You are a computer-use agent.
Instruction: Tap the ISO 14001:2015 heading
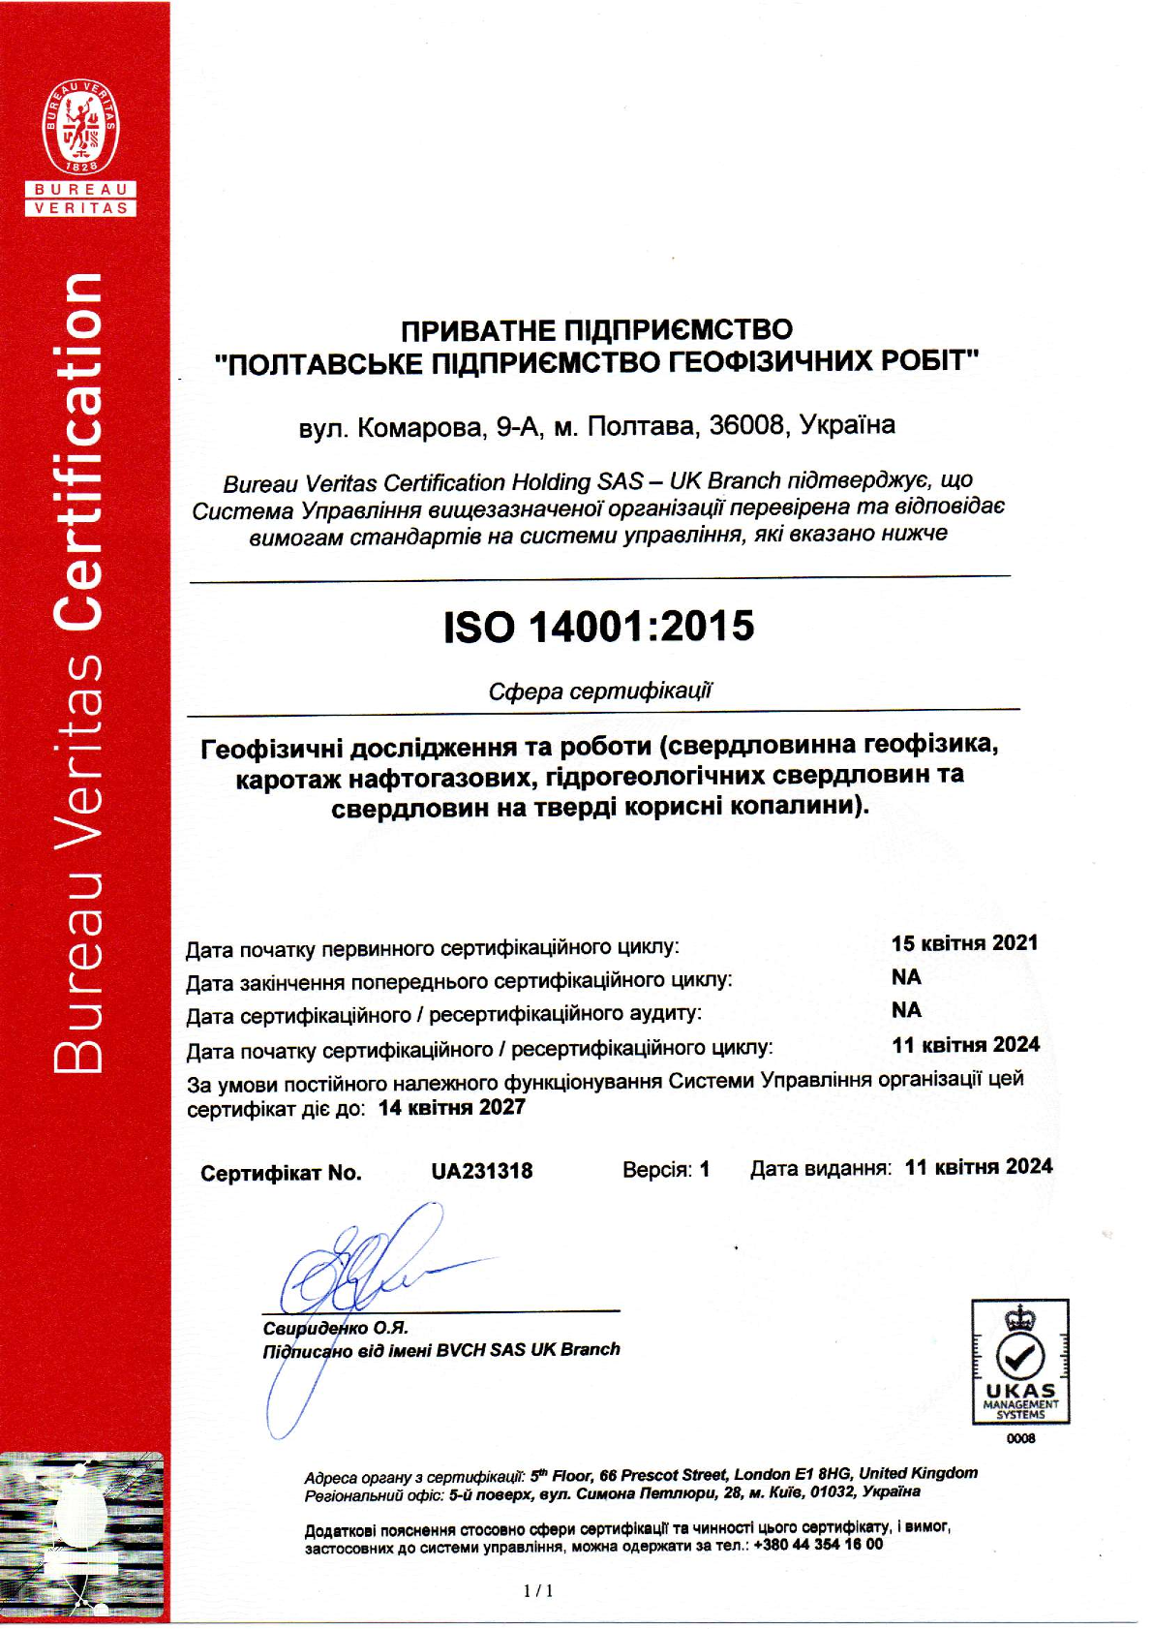pyautogui.click(x=598, y=627)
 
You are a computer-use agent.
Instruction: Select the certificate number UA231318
pyautogui.click(x=481, y=1171)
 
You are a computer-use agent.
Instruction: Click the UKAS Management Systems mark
pyautogui.click(x=1020, y=1362)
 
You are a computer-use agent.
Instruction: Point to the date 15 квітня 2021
pyautogui.click(x=964, y=943)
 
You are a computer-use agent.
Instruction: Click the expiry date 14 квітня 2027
pyautogui.click(x=452, y=1108)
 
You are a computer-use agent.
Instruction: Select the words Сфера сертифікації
pyautogui.click(x=600, y=691)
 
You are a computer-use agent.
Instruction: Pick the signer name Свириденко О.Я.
pyautogui.click(x=335, y=1328)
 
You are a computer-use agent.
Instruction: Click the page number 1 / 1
pyautogui.click(x=538, y=1590)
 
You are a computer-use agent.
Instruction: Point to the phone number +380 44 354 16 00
pyautogui.click(x=818, y=1545)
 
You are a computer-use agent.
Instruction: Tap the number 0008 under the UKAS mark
pyautogui.click(x=1020, y=1438)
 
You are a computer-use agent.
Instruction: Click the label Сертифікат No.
pyautogui.click(x=281, y=1173)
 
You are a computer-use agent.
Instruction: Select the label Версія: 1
pyautogui.click(x=666, y=1170)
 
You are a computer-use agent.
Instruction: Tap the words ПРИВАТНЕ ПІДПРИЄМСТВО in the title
pyautogui.click(x=596, y=330)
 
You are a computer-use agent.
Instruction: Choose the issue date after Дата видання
pyautogui.click(x=978, y=1167)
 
